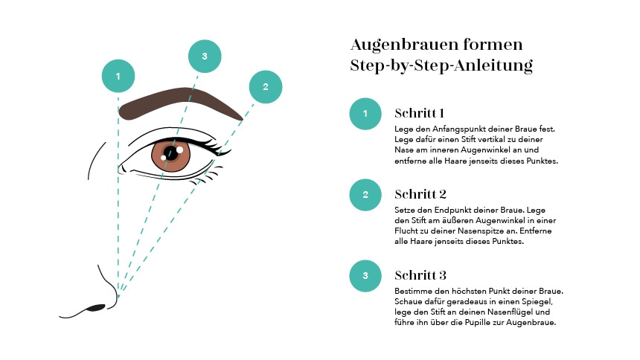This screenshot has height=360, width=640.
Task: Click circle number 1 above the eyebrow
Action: (x=118, y=76)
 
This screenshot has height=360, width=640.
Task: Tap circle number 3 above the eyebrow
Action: (x=205, y=57)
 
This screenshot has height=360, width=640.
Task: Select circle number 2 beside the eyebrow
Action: (x=266, y=87)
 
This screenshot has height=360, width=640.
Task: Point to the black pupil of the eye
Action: (x=171, y=153)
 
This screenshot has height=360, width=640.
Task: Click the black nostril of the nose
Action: (x=97, y=307)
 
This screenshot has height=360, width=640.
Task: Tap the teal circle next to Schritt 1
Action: (x=365, y=114)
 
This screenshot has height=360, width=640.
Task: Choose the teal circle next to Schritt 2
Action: (x=365, y=195)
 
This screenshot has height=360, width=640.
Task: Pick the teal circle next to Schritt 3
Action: (x=365, y=276)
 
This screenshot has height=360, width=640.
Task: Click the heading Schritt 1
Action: (x=419, y=113)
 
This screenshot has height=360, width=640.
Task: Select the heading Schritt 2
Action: (x=420, y=194)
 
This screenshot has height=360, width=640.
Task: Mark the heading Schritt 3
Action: (x=420, y=275)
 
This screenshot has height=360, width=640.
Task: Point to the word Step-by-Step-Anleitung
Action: (x=441, y=65)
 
